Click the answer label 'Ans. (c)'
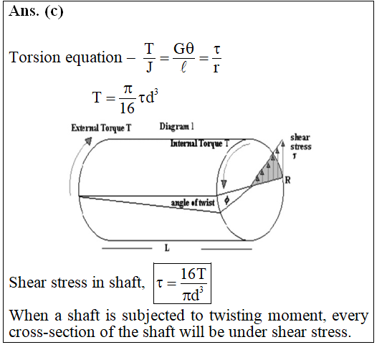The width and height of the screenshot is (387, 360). click(x=36, y=11)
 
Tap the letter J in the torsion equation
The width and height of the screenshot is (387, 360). click(x=149, y=67)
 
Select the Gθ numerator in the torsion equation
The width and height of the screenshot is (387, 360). click(x=183, y=49)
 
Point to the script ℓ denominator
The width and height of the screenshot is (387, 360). click(x=183, y=67)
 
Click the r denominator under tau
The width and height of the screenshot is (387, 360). click(x=216, y=67)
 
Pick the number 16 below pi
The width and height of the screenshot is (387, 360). click(x=127, y=108)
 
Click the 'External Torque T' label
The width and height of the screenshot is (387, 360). click(x=101, y=128)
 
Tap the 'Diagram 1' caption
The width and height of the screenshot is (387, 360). click(x=177, y=126)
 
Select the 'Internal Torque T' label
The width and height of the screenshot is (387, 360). click(x=200, y=143)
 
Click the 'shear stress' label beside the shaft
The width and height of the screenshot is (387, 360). click(x=300, y=142)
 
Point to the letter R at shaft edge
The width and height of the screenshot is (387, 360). click(x=288, y=180)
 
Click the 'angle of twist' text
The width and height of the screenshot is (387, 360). click(x=193, y=202)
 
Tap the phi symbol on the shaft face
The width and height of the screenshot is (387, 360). click(x=226, y=200)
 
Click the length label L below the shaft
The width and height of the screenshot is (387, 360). click(x=167, y=247)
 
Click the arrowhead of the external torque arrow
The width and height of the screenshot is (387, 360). click(x=89, y=141)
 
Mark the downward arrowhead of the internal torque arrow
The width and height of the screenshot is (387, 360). click(x=224, y=184)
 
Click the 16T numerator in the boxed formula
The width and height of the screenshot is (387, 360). click(x=193, y=273)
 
